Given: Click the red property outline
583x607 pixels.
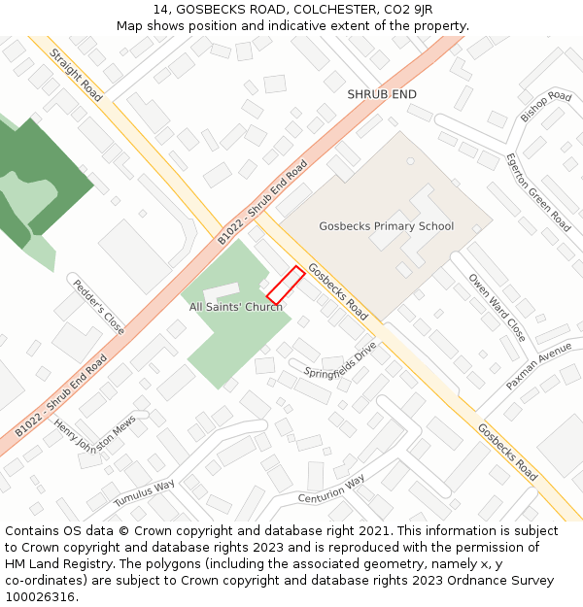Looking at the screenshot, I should tap(286, 285).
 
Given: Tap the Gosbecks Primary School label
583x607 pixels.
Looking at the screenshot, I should tap(386, 226).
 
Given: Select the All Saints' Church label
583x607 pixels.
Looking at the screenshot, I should tap(236, 307).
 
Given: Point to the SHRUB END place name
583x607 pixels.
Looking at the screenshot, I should tap(382, 94).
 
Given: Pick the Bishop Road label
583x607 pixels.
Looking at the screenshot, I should tap(546, 106).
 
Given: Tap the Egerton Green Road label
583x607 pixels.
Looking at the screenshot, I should tap(537, 190).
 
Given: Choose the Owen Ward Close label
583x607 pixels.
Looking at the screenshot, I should tap(497, 307).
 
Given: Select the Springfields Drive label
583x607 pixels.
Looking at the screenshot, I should tap(340, 359).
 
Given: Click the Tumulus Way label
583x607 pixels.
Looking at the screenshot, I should tap(144, 493).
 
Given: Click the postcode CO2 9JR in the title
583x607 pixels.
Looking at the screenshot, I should tap(412, 10).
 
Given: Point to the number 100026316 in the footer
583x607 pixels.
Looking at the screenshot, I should tap(41, 596).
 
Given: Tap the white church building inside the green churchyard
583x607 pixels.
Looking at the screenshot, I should tap(221, 290).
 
